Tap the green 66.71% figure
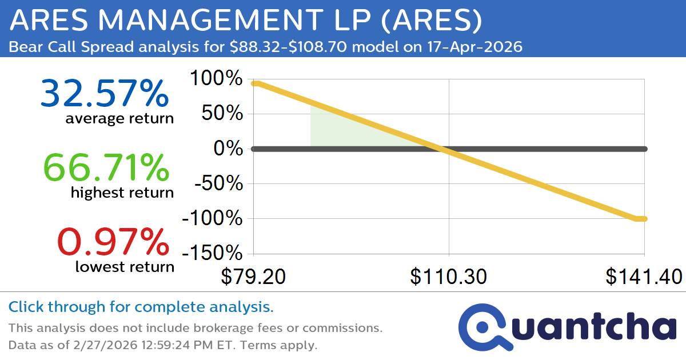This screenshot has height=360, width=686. [106, 168]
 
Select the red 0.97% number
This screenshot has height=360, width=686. [113, 242]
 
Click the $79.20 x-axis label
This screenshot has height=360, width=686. [253, 277]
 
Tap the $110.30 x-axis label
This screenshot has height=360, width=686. [449, 277]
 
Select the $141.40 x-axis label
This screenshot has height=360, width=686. [644, 277]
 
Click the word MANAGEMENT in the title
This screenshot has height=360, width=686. [214, 21]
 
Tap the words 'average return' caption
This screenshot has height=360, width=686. [119, 119]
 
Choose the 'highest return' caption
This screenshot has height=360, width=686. [122, 193]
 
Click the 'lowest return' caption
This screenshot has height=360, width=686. [125, 266]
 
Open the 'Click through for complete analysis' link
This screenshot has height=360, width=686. [141, 307]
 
